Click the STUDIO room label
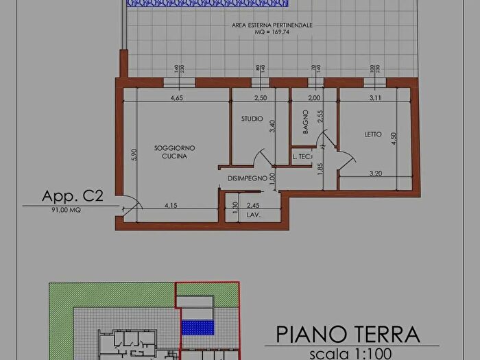pos(252,119)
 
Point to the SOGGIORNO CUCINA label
pos(175,152)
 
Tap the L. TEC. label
pos(302,157)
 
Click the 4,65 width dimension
pos(176,98)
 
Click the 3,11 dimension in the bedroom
pos(374,98)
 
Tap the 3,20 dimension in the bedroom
pos(376,173)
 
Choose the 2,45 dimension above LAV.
pos(253,204)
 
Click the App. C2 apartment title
pos(73,197)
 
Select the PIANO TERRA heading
pos(348,334)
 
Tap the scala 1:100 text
pos(349,354)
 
